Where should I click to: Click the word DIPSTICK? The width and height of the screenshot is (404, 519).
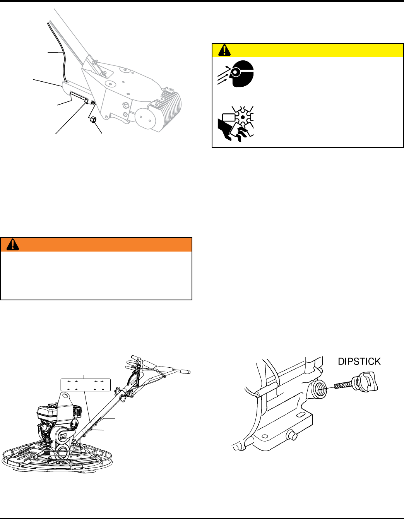tap(359, 361)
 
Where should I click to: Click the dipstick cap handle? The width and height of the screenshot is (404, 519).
tap(367, 381)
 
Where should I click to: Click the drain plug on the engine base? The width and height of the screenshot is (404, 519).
tap(294, 436)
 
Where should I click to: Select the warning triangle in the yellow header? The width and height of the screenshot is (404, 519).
tap(224, 50)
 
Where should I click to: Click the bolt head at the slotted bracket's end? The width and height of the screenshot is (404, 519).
tap(86, 102)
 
